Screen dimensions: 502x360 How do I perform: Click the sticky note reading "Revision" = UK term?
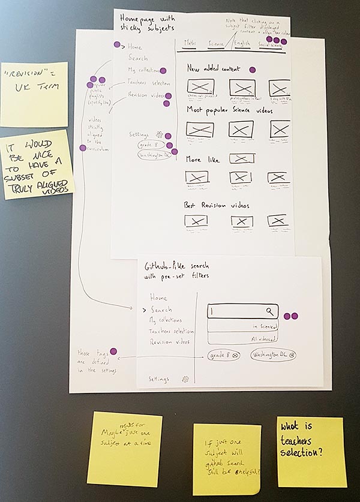click(34, 94)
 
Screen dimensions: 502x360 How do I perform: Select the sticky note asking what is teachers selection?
click(311, 452)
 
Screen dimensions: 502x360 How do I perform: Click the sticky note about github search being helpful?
click(227, 459)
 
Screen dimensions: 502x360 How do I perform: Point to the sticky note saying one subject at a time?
click(124, 441)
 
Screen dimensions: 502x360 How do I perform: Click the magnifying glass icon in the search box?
click(271, 311)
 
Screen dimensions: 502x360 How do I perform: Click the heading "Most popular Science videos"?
click(230, 111)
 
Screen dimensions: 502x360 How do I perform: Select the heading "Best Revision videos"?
click(217, 205)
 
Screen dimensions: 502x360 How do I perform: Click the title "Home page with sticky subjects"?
click(146, 23)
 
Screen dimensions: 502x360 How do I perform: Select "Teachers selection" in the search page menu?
click(172, 331)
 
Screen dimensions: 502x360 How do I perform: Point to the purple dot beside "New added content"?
click(253, 70)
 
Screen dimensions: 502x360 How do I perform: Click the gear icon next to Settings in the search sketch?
click(185, 379)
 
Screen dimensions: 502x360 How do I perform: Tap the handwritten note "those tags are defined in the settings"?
click(90, 362)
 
